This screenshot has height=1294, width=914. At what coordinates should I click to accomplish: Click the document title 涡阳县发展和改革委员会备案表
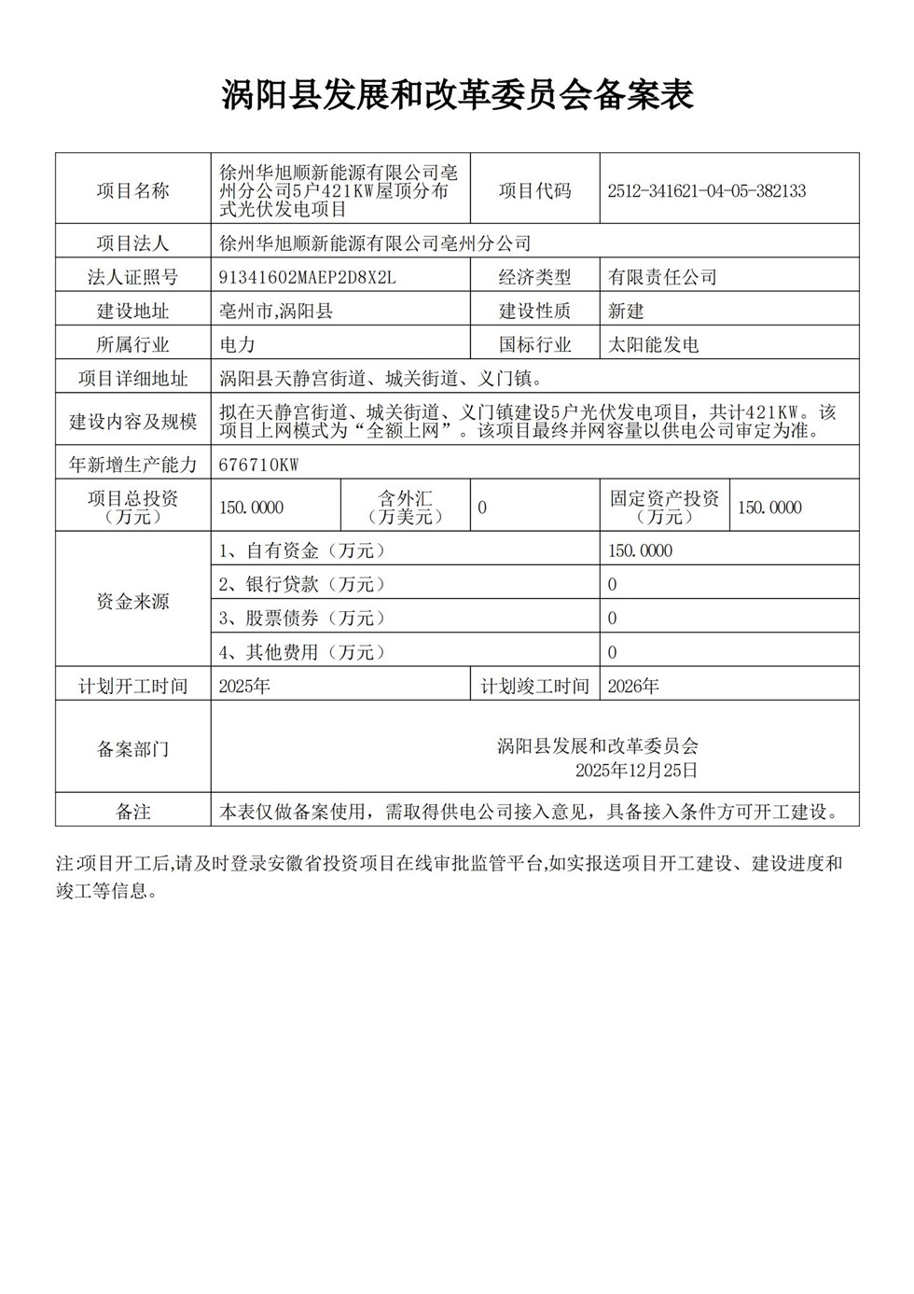coord(457,95)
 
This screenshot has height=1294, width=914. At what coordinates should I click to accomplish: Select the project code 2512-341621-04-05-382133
coord(706,191)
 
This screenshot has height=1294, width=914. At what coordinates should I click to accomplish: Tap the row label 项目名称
coord(133,191)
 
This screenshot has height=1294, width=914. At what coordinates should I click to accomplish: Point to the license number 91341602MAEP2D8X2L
coord(308,277)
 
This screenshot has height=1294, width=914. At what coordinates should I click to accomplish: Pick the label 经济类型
coord(534,277)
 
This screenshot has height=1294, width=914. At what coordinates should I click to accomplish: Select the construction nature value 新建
coord(626,311)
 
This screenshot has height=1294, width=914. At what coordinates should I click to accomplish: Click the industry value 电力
coord(237,344)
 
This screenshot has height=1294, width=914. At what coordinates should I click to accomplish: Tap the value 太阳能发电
coord(653,344)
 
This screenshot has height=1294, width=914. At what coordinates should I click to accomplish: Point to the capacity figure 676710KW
coord(258,465)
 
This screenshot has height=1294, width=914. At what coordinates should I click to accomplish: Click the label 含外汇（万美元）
coord(405,508)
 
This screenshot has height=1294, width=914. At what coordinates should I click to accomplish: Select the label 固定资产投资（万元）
coord(664,508)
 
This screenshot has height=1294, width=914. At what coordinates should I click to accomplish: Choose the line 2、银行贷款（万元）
coord(302,584)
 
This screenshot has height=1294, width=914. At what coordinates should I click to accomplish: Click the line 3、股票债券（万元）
coord(302,618)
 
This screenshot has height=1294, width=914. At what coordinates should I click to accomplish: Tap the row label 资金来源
coord(133,602)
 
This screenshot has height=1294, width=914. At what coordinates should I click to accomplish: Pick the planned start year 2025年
coord(244,687)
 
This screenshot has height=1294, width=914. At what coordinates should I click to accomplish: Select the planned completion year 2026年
coord(633,687)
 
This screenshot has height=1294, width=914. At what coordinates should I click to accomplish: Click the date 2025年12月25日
coord(636,771)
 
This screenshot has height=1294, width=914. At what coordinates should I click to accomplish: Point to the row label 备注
coord(133,812)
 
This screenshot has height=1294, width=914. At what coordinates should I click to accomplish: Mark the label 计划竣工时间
coord(534,687)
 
